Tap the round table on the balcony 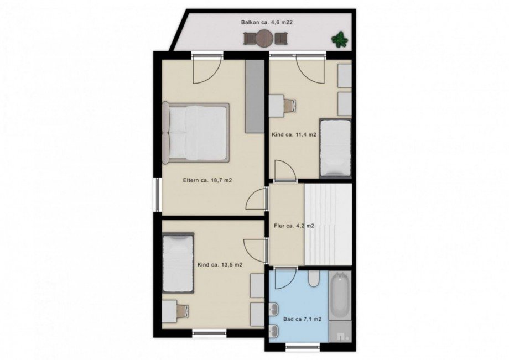(x=265, y=39)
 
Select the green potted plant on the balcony (x=340, y=40)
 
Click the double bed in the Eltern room (x=196, y=132)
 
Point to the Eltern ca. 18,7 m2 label (x=207, y=181)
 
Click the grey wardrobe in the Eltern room (x=255, y=97)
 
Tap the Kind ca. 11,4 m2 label (x=294, y=134)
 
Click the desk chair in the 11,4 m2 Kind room (x=290, y=105)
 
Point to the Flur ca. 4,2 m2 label (x=294, y=226)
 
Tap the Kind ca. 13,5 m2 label (x=220, y=265)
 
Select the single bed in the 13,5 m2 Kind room (x=178, y=263)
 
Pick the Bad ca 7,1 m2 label (x=302, y=319)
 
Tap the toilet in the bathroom (x=314, y=279)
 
